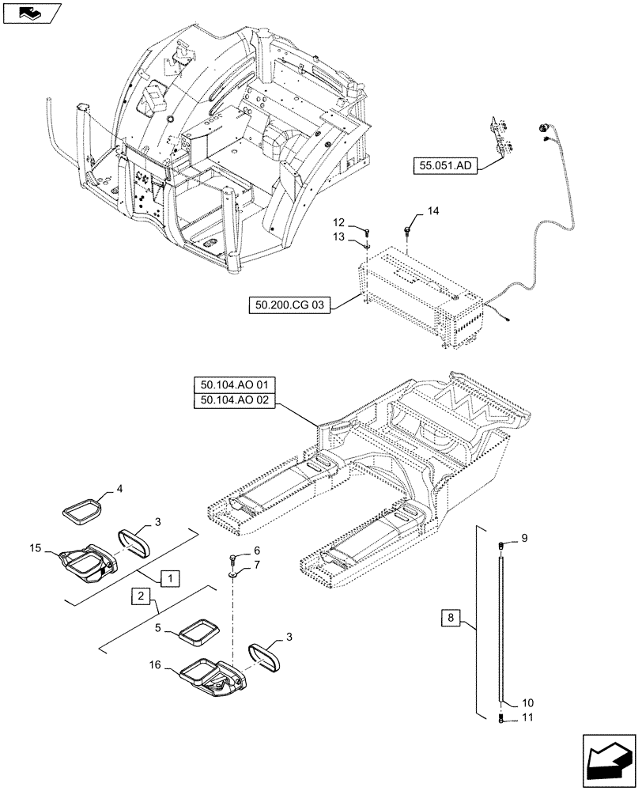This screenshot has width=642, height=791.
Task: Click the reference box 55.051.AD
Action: [x=444, y=166]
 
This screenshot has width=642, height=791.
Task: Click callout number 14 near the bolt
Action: [x=432, y=211]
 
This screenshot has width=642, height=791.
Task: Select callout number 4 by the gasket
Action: [x=119, y=490]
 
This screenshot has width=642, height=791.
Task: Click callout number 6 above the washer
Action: [x=257, y=551]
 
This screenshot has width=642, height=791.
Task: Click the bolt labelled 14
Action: [x=407, y=230]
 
